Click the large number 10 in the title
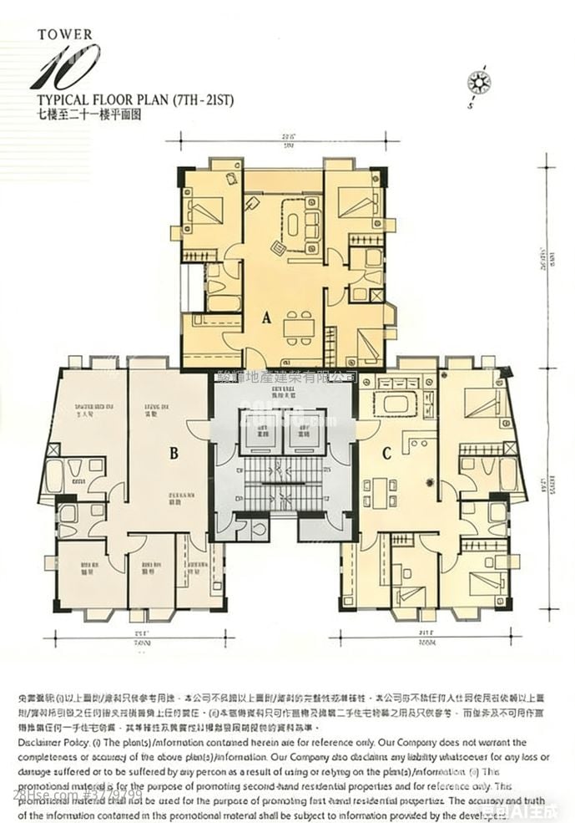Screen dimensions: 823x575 (64, 67)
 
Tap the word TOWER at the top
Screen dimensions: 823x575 (65, 35)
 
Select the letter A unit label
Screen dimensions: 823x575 (266, 318)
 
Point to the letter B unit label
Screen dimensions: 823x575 (174, 454)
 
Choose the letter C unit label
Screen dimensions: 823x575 (387, 454)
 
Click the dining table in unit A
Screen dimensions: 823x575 (297, 324)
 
